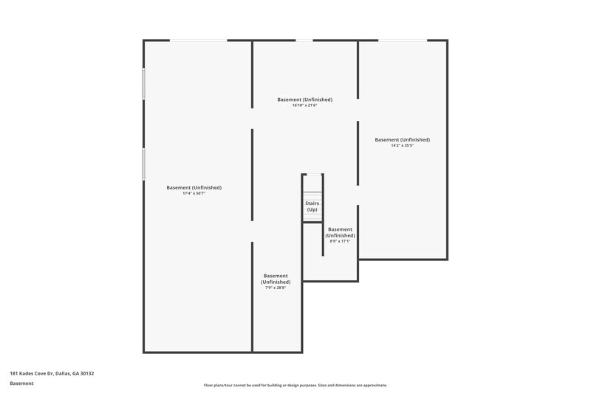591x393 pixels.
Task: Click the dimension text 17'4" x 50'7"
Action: click(194, 194)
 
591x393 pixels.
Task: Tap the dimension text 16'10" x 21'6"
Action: click(304, 105)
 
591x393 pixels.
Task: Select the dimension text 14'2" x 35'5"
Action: click(402, 145)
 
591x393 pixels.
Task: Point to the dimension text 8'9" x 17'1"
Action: click(340, 241)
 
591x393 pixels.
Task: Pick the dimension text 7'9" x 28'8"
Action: click(275, 288)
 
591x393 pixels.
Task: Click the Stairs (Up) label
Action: click(312, 206)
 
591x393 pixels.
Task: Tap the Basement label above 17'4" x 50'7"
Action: click(194, 187)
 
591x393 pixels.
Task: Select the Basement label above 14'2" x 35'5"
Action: click(402, 139)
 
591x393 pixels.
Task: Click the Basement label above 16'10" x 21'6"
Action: click(304, 100)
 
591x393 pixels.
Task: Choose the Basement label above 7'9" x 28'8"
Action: click(275, 278)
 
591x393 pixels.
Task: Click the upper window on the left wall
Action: click(143, 83)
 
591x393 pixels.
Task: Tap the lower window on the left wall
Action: click(143, 163)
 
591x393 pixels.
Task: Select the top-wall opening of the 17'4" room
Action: click(198, 41)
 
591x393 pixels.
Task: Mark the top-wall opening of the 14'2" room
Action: click(402, 41)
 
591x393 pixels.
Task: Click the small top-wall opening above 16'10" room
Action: click(304, 41)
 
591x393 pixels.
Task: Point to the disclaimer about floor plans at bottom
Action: click(295, 386)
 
